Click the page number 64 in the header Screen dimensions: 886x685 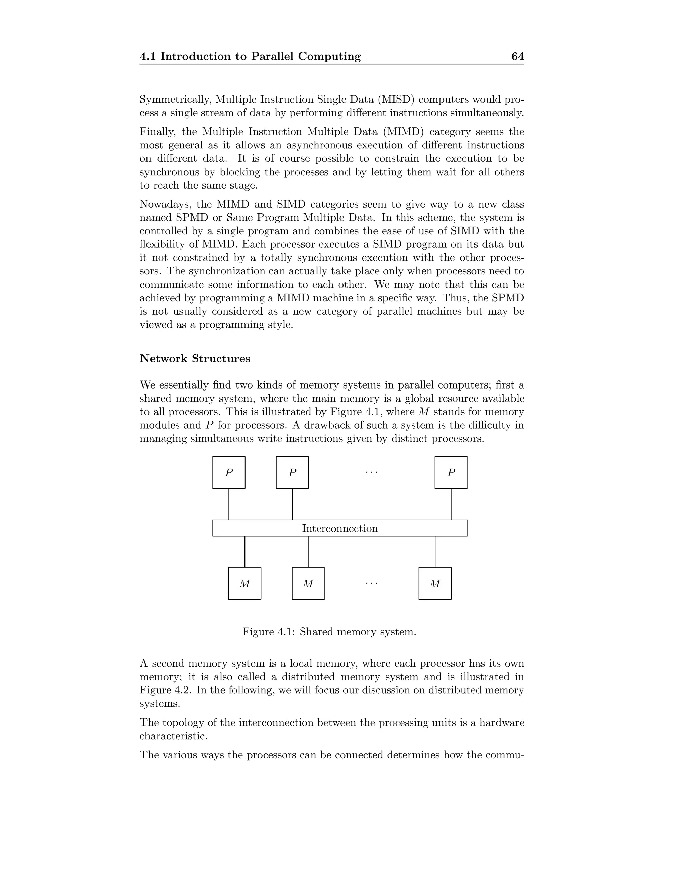(517, 57)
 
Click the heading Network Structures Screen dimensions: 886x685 (195, 359)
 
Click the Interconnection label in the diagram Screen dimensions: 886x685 (340, 528)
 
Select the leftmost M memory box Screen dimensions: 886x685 (245, 583)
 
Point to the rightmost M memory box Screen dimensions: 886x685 (435, 583)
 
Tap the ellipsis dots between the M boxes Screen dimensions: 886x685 (371, 583)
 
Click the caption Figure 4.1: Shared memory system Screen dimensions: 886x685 (329, 632)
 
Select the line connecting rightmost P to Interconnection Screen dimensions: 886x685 (451, 504)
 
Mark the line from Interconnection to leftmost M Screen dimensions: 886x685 (245, 552)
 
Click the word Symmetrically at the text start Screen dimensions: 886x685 (176, 99)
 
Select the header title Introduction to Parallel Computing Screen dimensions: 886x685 (260, 57)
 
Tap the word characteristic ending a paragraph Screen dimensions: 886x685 (173, 736)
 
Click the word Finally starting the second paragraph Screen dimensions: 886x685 (159, 132)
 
